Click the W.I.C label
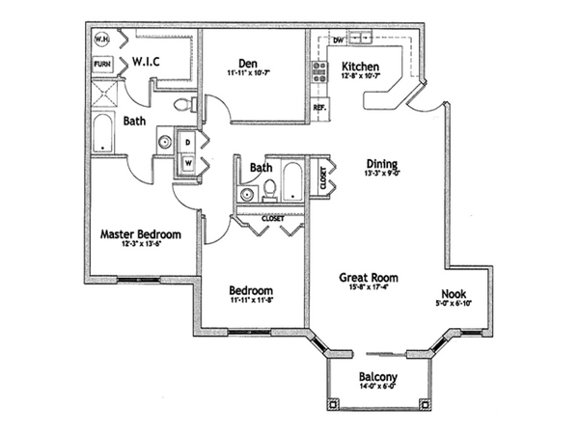147,63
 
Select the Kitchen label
361,67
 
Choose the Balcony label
377,379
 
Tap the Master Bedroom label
141,233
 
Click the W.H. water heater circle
101,41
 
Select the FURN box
101,64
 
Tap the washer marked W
189,162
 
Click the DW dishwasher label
338,41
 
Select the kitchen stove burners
318,72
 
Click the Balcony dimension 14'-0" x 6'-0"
377,390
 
